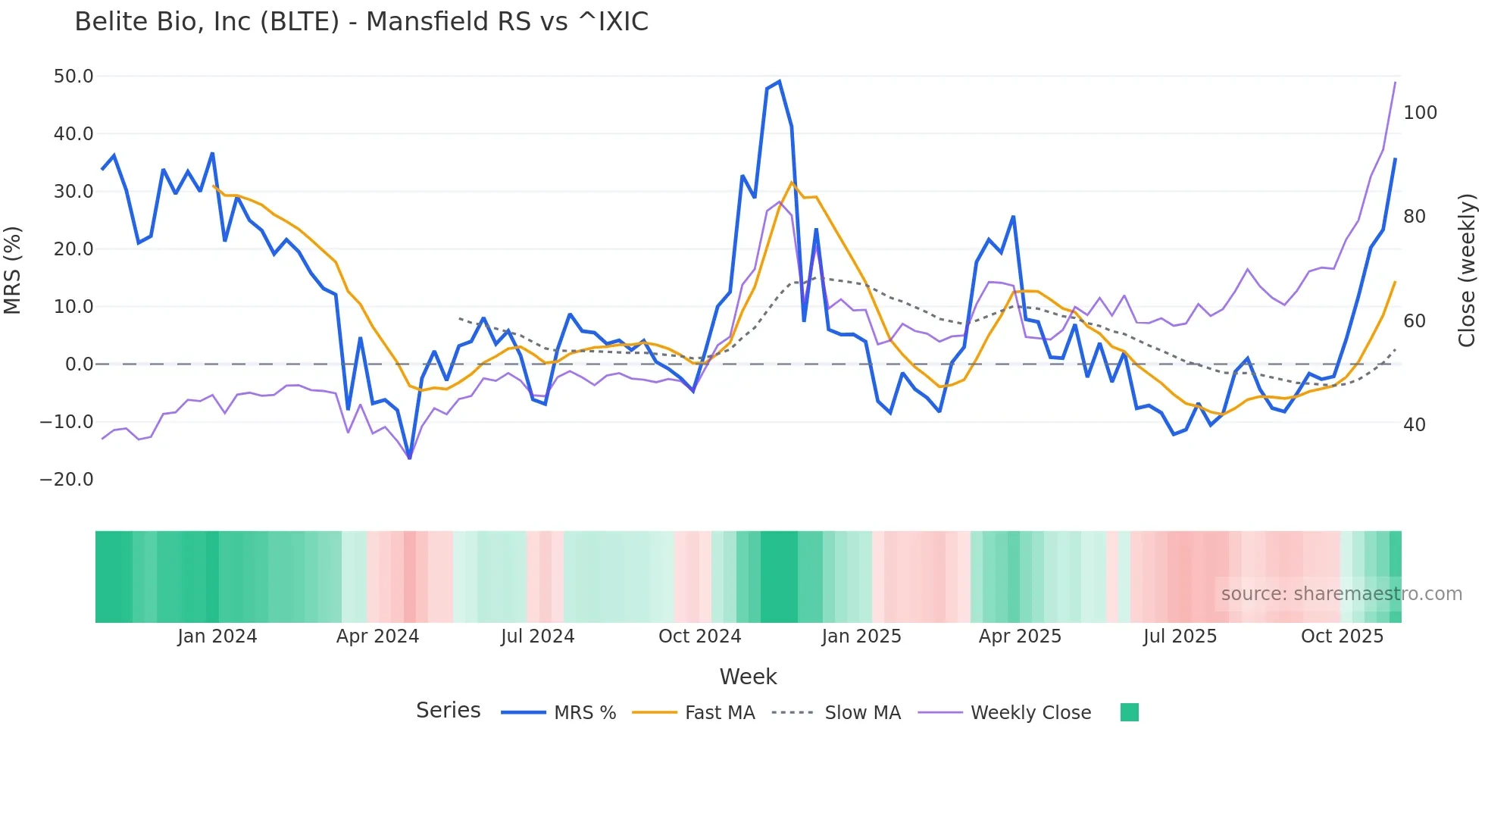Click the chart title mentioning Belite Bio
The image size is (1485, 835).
point(361,22)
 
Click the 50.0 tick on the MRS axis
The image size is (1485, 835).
point(73,77)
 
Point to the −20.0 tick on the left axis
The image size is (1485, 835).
point(67,480)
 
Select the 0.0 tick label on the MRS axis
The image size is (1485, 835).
point(79,364)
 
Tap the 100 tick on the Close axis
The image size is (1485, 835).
point(1420,113)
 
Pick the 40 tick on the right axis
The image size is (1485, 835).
point(1415,425)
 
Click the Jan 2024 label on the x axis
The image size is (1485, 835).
point(217,636)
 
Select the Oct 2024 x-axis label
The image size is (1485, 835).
point(699,636)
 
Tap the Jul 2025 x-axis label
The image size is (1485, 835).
point(1180,636)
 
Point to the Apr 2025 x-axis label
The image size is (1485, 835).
point(1020,636)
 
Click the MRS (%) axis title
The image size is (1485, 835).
point(13,271)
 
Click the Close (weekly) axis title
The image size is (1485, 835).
point(1468,271)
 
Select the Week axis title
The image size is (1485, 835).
point(748,677)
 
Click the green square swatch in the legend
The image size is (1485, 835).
point(1129,712)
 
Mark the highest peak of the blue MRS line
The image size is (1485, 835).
point(779,82)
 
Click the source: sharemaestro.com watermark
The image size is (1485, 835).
point(1341,594)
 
